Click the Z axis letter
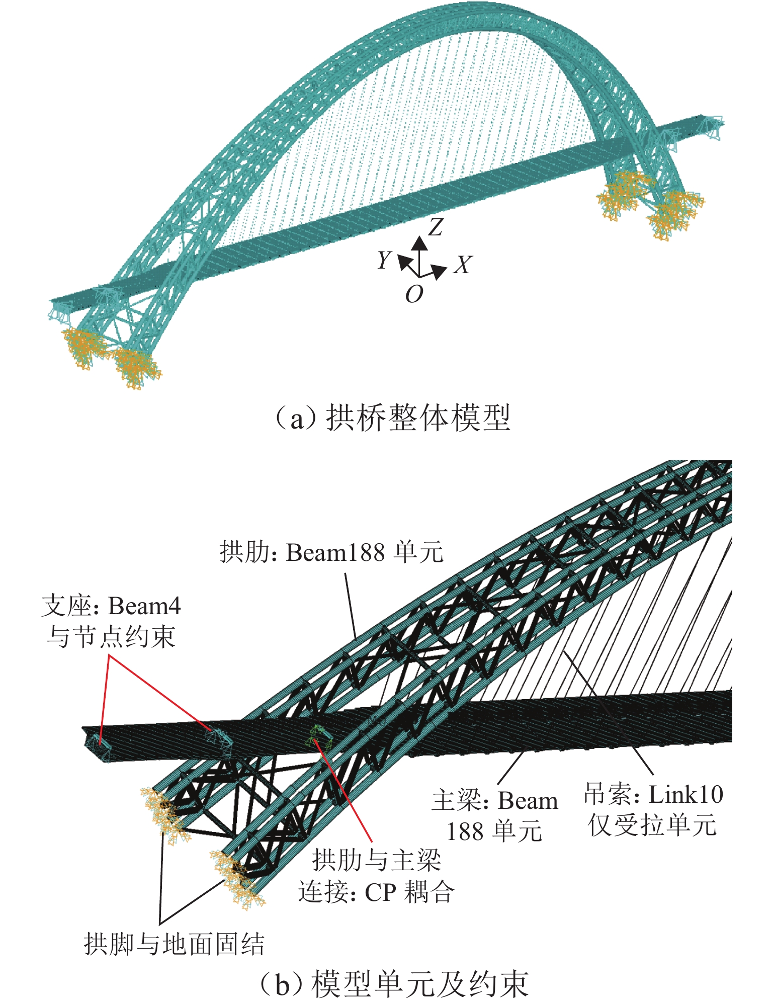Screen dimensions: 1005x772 [x=435, y=227]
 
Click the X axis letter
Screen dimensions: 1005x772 [x=463, y=265]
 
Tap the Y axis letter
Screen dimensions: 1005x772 [x=384, y=260]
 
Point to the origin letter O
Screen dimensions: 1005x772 [x=414, y=294]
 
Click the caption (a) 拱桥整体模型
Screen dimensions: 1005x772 [x=393, y=418]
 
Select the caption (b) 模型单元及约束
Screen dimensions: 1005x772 [x=394, y=984]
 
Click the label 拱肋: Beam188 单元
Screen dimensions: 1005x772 [x=331, y=552]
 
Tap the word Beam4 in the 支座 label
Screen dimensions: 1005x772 [x=144, y=606]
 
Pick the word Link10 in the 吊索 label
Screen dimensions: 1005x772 [x=685, y=795]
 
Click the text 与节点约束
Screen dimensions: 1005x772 [x=111, y=637]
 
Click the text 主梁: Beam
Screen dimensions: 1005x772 [x=495, y=801]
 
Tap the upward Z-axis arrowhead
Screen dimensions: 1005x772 [x=419, y=243]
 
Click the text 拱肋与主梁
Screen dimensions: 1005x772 [x=377, y=860]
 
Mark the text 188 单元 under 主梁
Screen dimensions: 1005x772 [x=494, y=831]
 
